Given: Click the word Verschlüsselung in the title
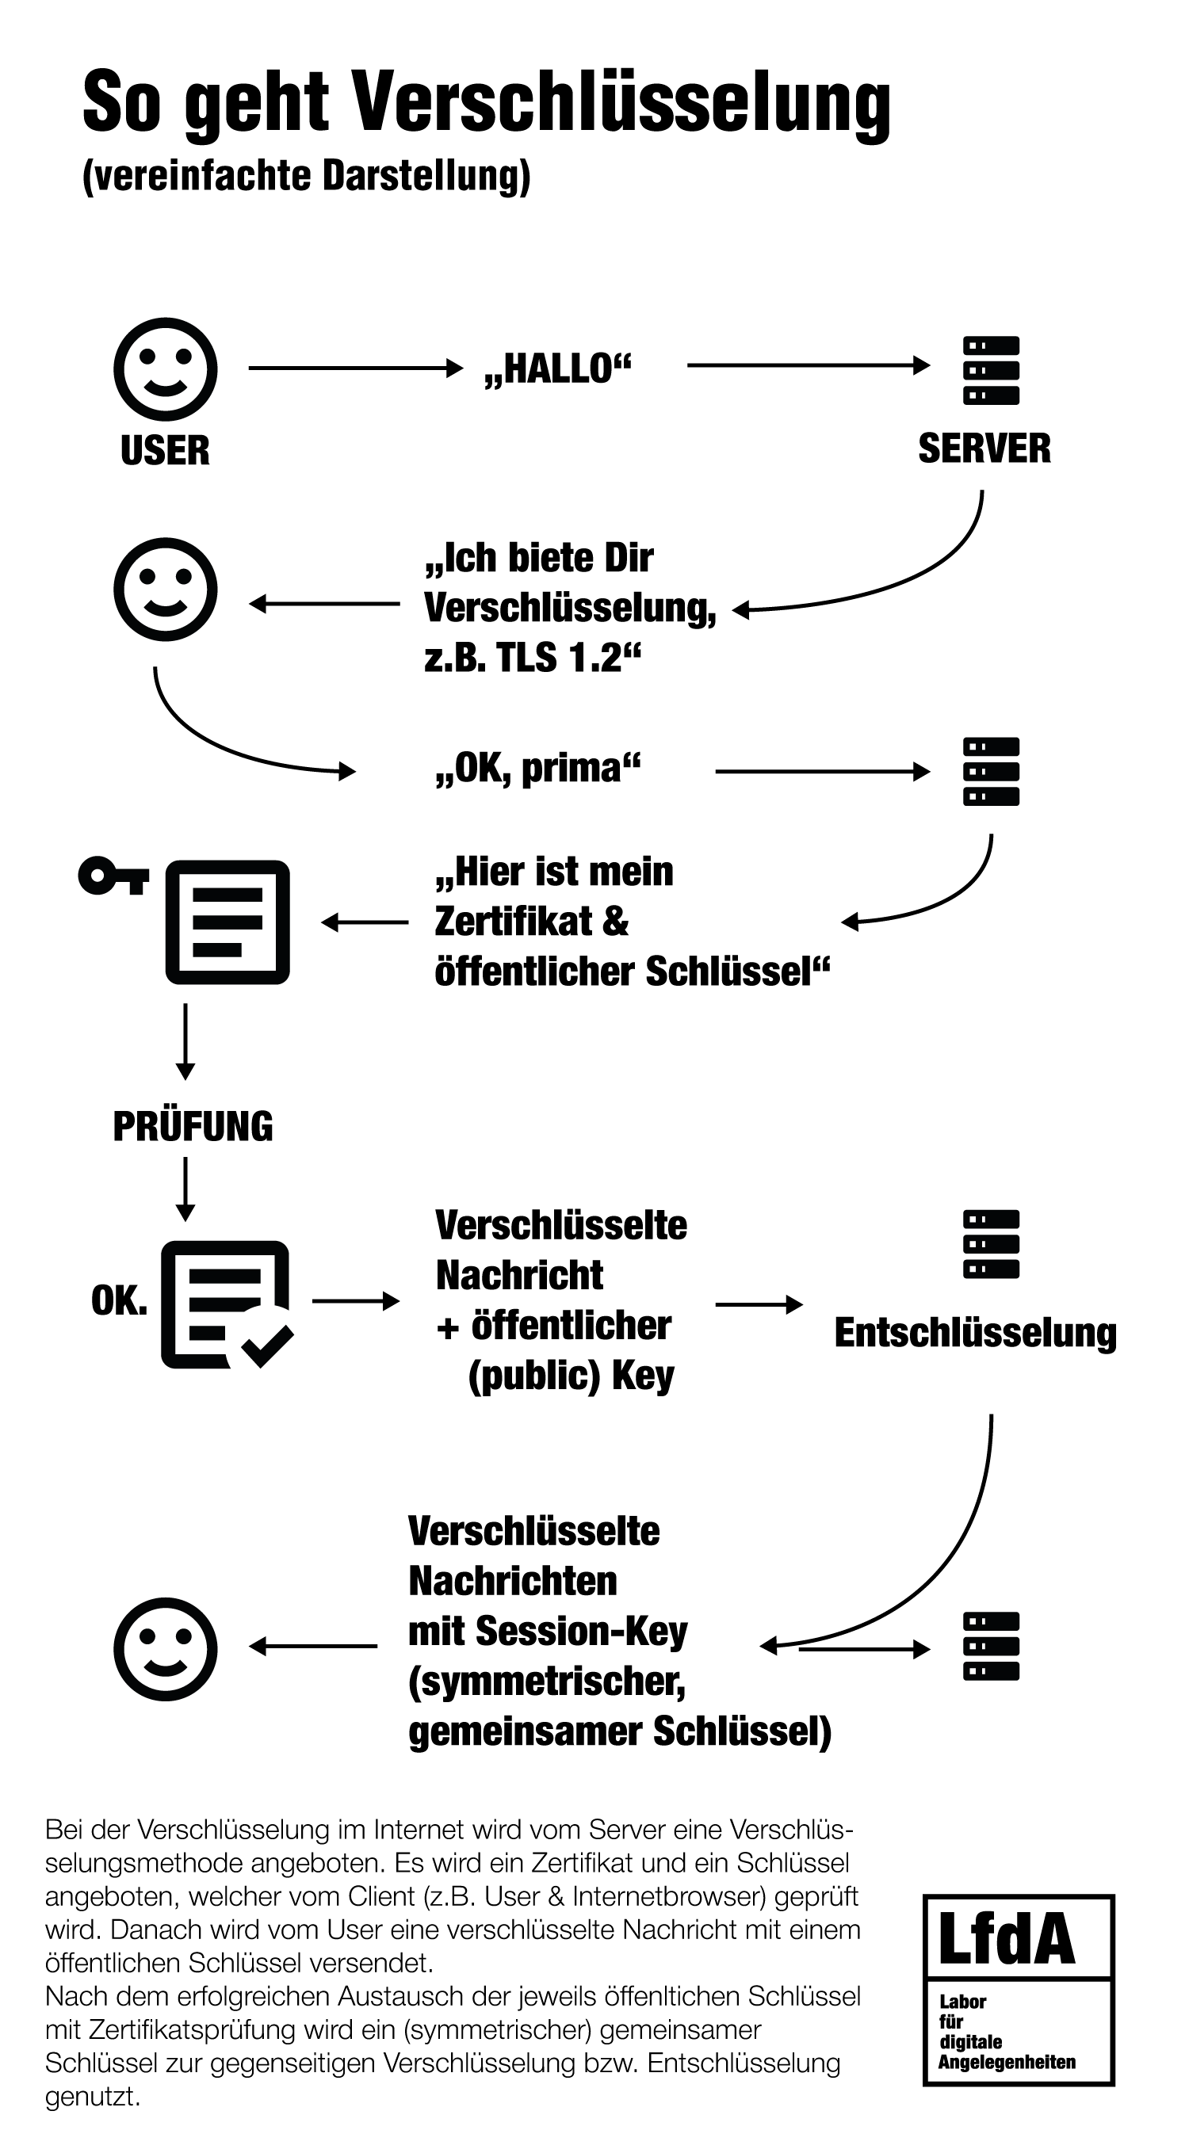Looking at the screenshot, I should (x=622, y=103).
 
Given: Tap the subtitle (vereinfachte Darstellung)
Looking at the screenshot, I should (x=306, y=178).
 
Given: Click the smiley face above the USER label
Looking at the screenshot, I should (x=166, y=368).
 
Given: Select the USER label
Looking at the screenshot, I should (x=166, y=451).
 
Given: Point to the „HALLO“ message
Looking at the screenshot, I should (x=558, y=368).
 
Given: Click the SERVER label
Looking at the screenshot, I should (x=984, y=449).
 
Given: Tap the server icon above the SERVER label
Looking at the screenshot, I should (x=991, y=370).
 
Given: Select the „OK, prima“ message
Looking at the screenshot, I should (x=537, y=768).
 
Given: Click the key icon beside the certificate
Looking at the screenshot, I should (x=113, y=876).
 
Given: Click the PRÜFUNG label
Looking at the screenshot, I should (x=193, y=1126).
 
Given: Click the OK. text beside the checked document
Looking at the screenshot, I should (x=119, y=1300).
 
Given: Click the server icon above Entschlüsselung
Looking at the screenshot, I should (x=991, y=1243).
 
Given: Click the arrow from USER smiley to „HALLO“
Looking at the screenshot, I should (x=355, y=368).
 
